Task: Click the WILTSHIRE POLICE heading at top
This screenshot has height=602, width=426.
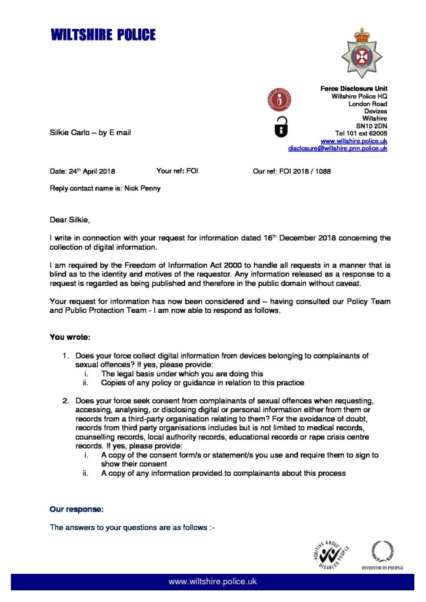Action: (x=104, y=35)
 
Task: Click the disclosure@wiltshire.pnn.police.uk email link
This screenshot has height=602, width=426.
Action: (x=338, y=149)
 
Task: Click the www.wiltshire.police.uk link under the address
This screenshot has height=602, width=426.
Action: (x=354, y=141)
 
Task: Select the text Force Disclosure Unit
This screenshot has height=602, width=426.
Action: (x=354, y=88)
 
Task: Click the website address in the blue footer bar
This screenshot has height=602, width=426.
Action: (x=212, y=581)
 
